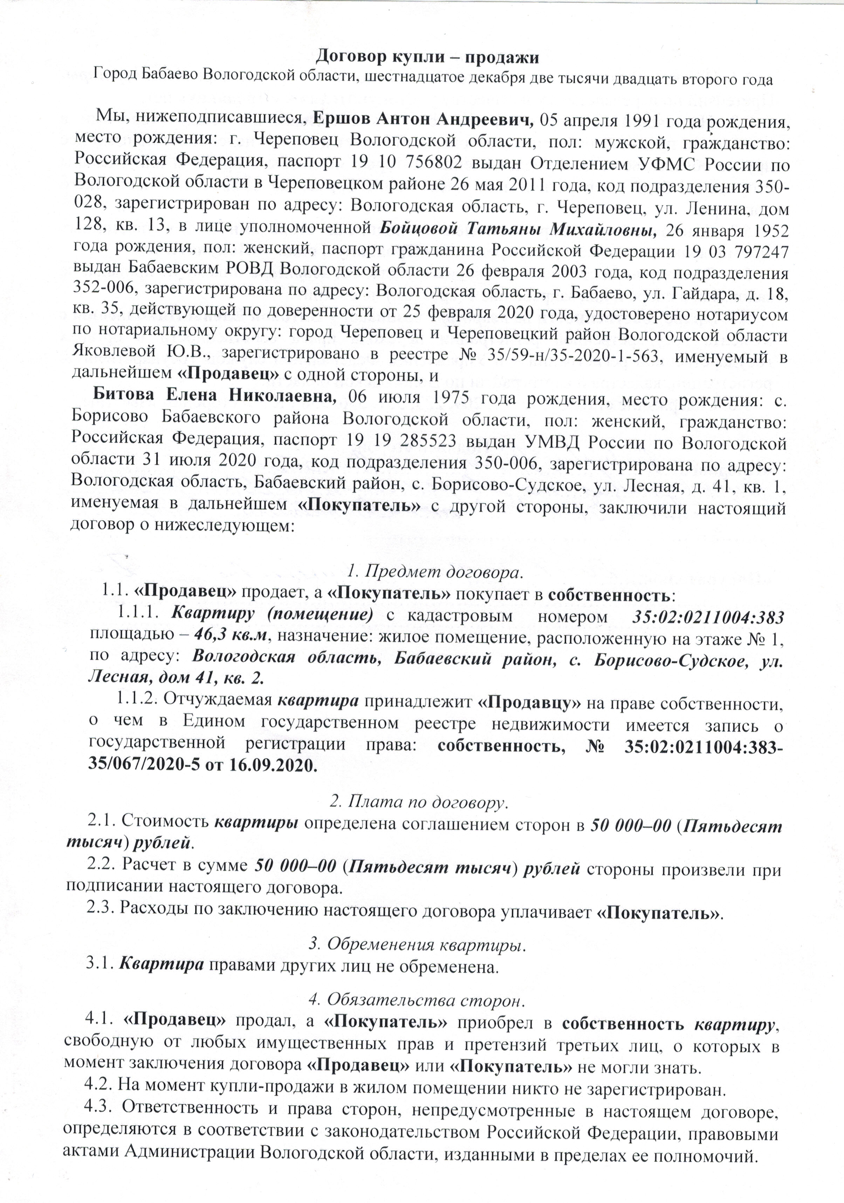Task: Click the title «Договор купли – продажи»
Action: coord(422,56)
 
